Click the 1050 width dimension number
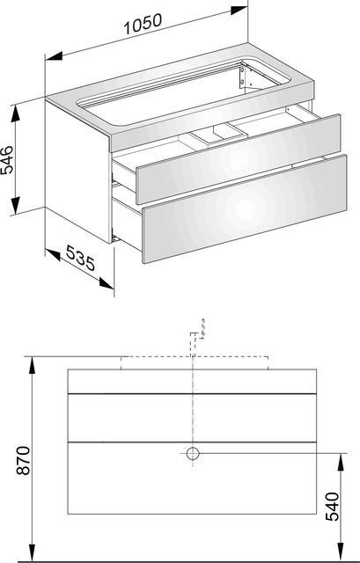pos(143,24)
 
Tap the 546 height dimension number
pos(7,160)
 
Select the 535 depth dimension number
pos(81,258)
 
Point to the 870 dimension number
pos(24,460)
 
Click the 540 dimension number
pos(332,507)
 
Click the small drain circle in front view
pos(193,454)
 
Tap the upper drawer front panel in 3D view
pos(239,159)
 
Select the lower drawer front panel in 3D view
pos(245,209)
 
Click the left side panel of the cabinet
pos(78,172)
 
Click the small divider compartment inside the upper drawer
pos(218,135)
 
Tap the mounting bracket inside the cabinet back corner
pos(243,77)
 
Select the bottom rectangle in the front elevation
pos(192,479)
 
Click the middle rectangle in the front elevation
pos(192,418)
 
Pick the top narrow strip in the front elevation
pos(192,381)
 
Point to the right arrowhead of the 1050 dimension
pos(239,10)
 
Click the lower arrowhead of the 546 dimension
pos(16,206)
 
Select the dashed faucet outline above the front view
pos(194,344)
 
